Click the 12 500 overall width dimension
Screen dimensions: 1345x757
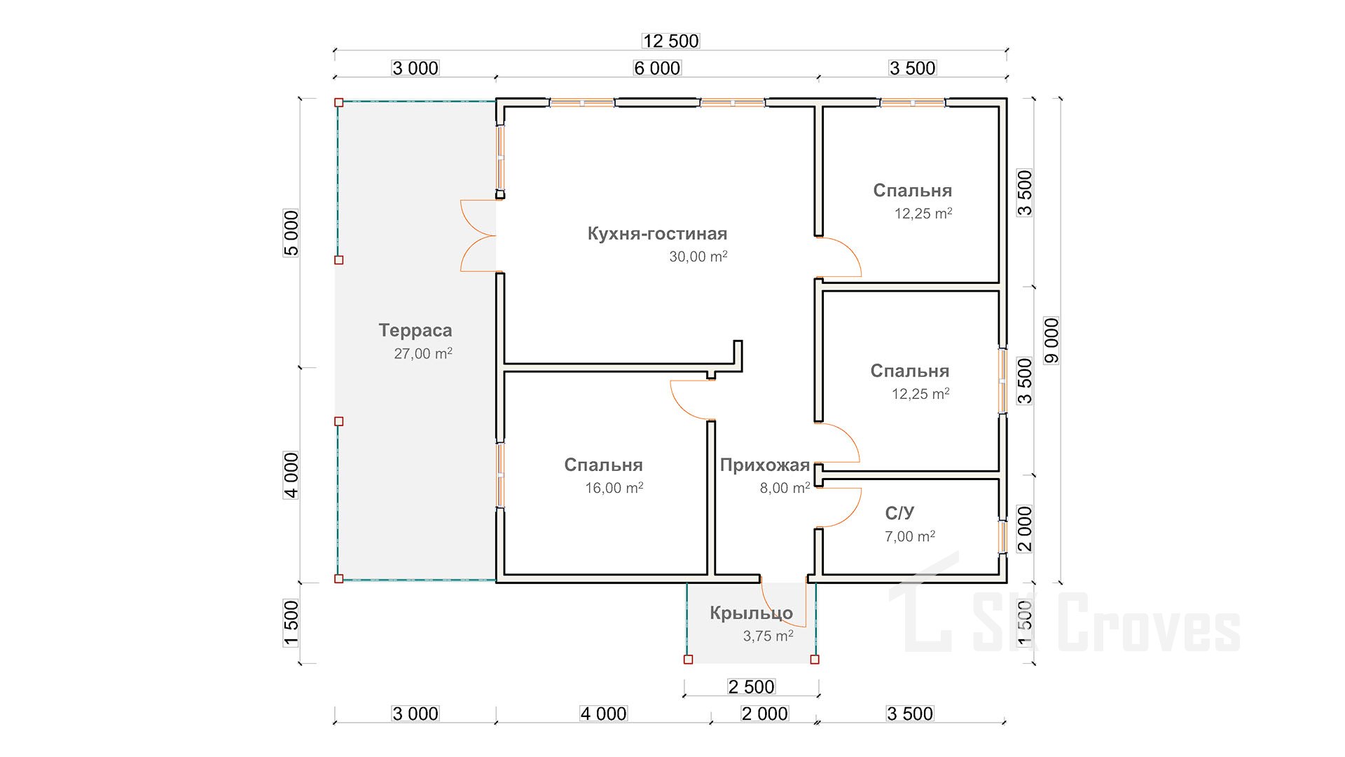click(670, 41)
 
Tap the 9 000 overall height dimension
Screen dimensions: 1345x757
click(1051, 341)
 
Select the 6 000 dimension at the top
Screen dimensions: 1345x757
click(657, 68)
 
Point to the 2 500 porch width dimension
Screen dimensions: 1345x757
click(751, 686)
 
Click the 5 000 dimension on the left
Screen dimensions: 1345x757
click(291, 233)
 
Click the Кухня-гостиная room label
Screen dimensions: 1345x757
click(657, 233)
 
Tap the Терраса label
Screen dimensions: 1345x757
click(415, 330)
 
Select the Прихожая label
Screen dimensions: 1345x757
click(765, 465)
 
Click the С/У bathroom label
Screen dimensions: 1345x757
click(899, 513)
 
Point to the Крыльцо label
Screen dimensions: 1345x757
click(751, 613)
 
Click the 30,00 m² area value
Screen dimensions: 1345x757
click(698, 257)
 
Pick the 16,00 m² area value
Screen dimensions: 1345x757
click(614, 488)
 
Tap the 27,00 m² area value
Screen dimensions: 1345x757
click(423, 353)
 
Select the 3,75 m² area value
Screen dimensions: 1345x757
click(768, 636)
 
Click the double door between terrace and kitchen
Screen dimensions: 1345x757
click(478, 236)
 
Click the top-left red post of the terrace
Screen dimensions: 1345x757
click(339, 102)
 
